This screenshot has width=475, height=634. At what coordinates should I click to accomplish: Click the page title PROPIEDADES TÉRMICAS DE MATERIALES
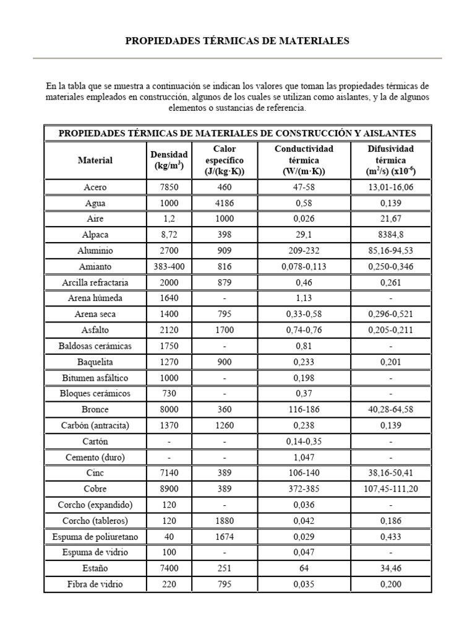click(237, 41)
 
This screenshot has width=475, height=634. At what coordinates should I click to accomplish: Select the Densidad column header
click(168, 160)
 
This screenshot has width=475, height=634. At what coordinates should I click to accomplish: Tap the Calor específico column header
click(225, 160)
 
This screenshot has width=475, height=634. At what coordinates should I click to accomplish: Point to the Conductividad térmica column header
click(304, 160)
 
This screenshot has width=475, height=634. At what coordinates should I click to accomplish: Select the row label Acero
click(95, 187)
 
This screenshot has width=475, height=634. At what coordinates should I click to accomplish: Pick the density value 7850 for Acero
click(168, 187)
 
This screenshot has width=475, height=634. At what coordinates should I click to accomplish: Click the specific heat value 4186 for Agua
click(225, 203)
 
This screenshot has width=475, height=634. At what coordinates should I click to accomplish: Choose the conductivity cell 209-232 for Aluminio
click(304, 251)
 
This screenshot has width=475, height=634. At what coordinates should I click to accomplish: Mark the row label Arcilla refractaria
click(95, 282)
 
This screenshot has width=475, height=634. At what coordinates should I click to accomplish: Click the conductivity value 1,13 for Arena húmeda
click(304, 298)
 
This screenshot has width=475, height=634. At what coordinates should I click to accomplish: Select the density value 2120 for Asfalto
click(168, 330)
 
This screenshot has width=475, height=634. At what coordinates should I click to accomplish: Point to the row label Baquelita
click(95, 362)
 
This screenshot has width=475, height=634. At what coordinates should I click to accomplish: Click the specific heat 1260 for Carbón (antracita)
click(225, 426)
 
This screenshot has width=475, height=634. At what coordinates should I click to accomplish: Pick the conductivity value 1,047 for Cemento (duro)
click(304, 458)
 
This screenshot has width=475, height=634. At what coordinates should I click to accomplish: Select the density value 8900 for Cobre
click(168, 489)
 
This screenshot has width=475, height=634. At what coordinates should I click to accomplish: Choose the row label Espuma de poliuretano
click(95, 537)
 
